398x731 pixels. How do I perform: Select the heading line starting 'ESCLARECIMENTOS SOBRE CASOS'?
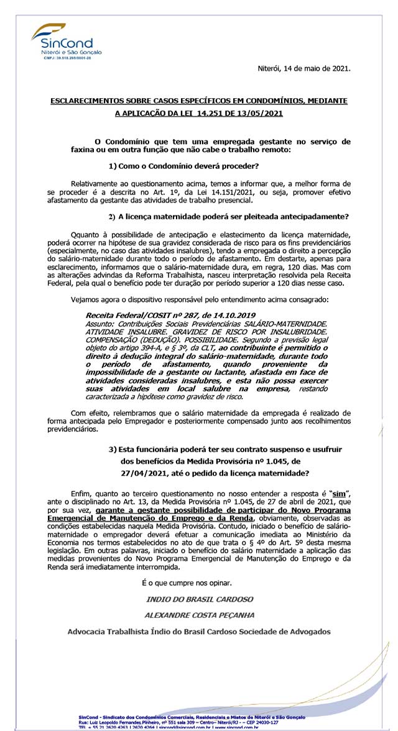click(198, 101)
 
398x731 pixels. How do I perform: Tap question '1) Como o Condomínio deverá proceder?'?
click(183, 166)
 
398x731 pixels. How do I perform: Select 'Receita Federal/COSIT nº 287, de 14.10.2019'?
click(170, 316)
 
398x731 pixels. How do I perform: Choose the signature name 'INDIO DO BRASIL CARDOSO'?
click(199, 599)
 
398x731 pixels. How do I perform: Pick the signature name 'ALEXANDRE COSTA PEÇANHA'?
click(199, 614)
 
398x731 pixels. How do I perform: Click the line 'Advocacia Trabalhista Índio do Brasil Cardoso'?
click(199, 632)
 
